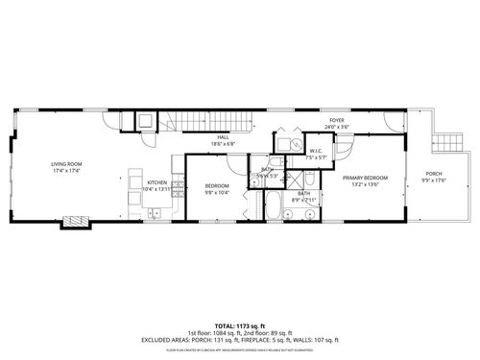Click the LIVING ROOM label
click(x=66, y=164)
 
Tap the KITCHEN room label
click(x=156, y=182)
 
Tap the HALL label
click(x=223, y=137)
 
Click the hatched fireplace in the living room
click(x=74, y=223)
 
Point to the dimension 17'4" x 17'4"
click(x=66, y=171)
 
